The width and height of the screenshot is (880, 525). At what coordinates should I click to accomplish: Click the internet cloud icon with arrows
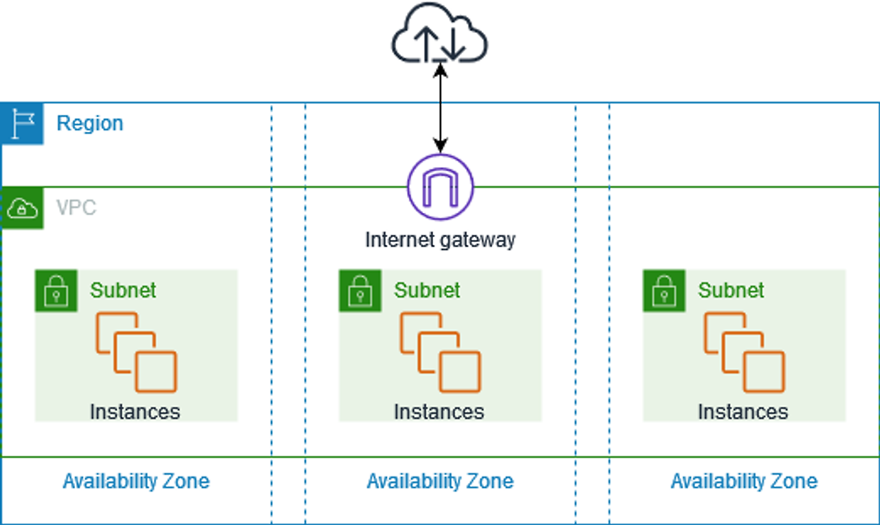pyautogui.click(x=439, y=32)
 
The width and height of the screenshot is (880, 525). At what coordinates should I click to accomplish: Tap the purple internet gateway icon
pyautogui.click(x=441, y=187)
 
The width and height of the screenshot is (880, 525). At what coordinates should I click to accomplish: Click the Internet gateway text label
pyautogui.click(x=441, y=240)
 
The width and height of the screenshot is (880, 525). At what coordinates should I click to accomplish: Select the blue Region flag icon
pyautogui.click(x=22, y=124)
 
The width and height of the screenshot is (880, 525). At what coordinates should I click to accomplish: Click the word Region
pyautogui.click(x=90, y=123)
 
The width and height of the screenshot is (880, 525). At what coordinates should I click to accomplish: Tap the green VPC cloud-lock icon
pyautogui.click(x=23, y=208)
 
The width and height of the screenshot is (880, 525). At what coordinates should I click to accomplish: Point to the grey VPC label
pyautogui.click(x=76, y=208)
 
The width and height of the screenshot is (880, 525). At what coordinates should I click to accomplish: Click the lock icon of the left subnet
pyautogui.click(x=56, y=291)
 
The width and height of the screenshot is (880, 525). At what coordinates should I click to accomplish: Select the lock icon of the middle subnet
pyautogui.click(x=360, y=291)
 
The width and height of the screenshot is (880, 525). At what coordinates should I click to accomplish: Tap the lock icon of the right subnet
pyautogui.click(x=664, y=291)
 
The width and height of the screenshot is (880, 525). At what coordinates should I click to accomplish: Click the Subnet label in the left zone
pyautogui.click(x=123, y=291)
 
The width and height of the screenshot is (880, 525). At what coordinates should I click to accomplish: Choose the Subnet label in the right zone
pyautogui.click(x=731, y=291)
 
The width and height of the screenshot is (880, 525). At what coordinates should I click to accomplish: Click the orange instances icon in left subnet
pyautogui.click(x=136, y=353)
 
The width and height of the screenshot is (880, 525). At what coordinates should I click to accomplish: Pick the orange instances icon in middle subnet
pyautogui.click(x=441, y=353)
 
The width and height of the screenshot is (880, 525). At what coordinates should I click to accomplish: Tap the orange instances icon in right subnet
pyautogui.click(x=745, y=353)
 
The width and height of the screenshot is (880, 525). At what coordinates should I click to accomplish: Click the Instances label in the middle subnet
pyautogui.click(x=439, y=412)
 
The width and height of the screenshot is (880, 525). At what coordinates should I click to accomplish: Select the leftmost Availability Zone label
pyautogui.click(x=136, y=481)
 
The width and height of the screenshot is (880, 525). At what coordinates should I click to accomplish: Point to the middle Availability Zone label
pyautogui.click(x=441, y=481)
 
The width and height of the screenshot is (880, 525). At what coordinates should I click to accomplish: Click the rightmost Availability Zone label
pyautogui.click(x=745, y=481)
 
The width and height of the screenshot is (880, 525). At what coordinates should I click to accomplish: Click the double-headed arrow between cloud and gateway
pyautogui.click(x=441, y=108)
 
